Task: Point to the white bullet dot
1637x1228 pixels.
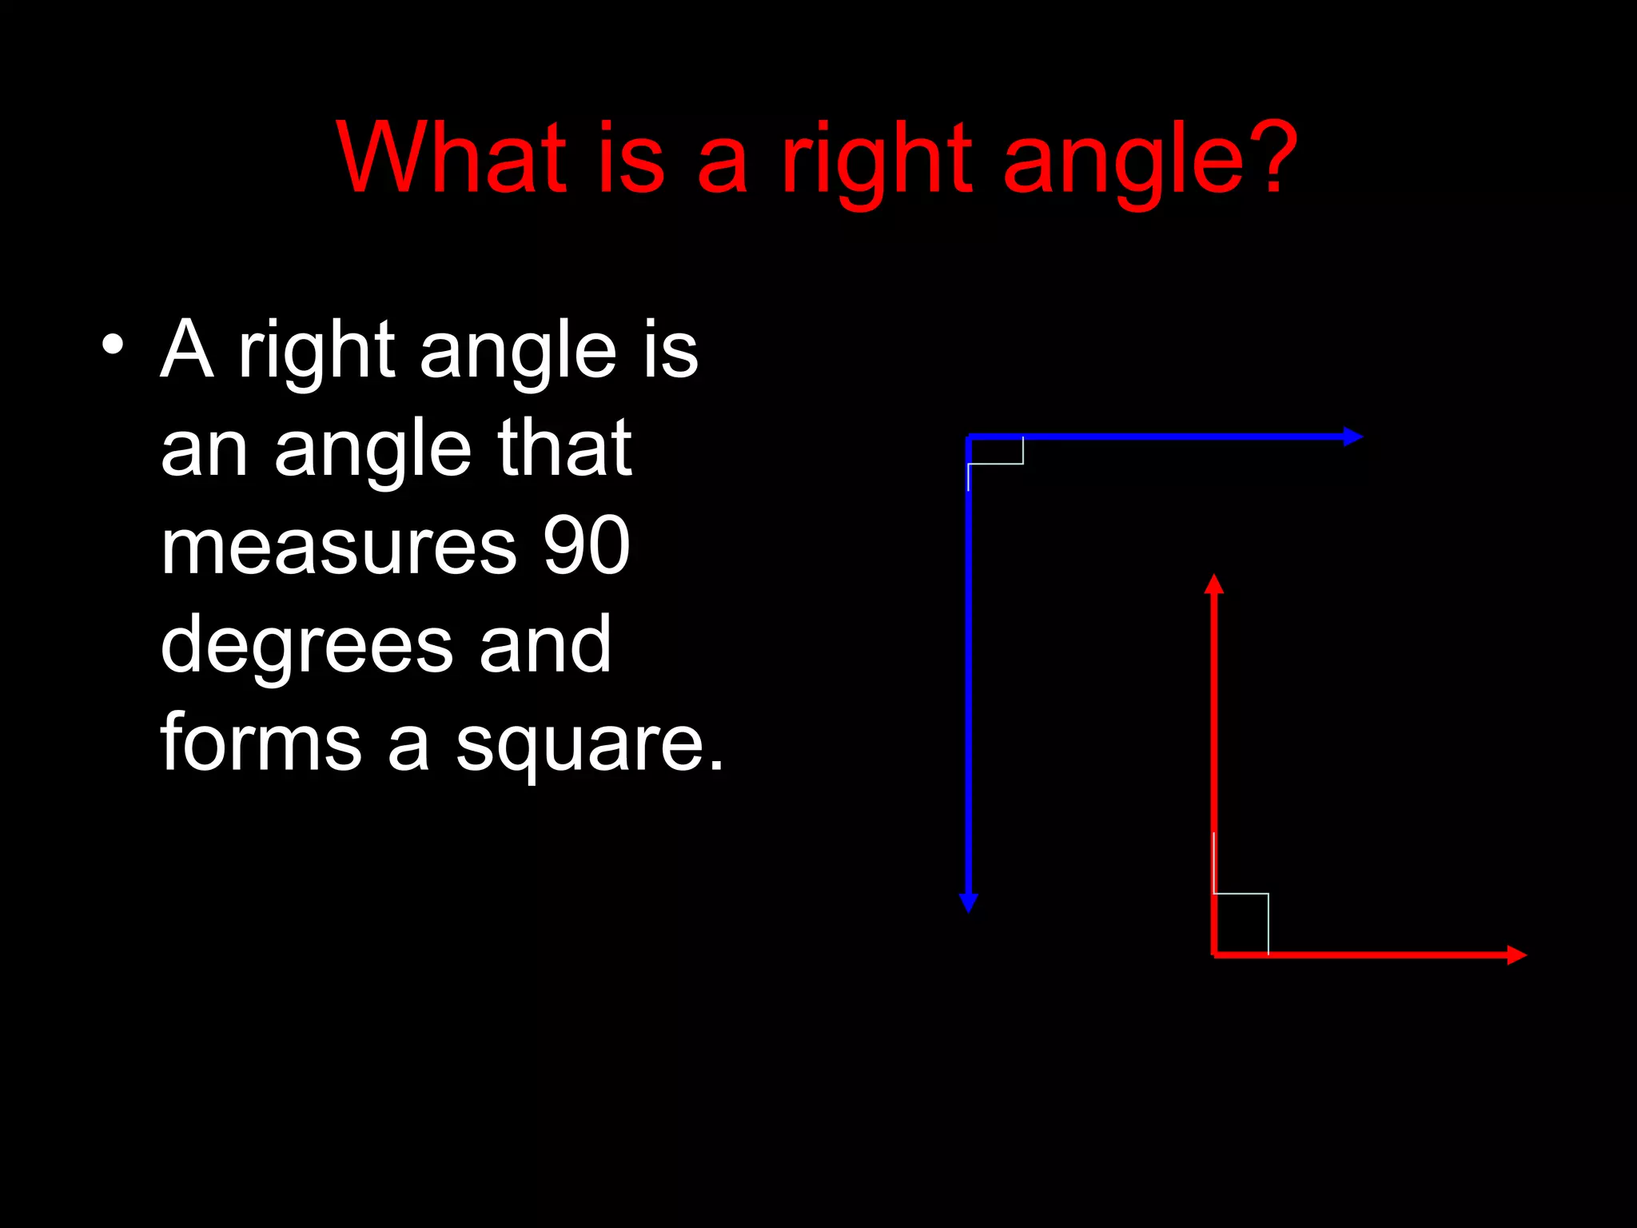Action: (113, 345)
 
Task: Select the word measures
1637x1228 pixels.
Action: (339, 548)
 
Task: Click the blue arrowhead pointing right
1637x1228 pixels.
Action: (1352, 437)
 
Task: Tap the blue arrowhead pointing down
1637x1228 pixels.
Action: (969, 902)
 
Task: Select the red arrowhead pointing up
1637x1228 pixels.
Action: (1214, 584)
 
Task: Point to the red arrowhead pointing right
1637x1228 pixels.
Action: (1516, 955)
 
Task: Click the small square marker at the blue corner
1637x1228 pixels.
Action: (996, 451)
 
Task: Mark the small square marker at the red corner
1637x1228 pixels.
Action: (1241, 923)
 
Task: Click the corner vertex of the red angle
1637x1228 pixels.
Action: (1214, 955)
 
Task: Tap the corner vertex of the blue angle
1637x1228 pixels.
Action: (969, 437)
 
